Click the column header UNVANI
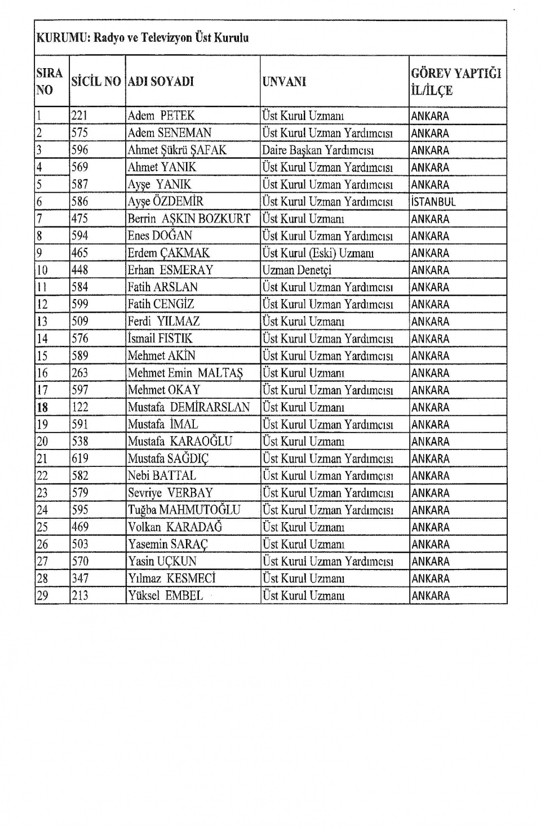284,81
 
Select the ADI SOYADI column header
161,81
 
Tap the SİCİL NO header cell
96,81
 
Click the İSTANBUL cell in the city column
433,202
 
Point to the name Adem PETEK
161,116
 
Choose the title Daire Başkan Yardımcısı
318,150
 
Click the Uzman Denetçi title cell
297,270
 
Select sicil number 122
80,407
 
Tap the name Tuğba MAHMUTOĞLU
184,510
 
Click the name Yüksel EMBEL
165,596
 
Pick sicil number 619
80,459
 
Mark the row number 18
42,407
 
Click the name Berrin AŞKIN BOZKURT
189,219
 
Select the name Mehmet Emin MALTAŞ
185,373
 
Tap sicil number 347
80,578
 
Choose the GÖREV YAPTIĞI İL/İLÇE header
456,82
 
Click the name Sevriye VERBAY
170,493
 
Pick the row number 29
42,596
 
